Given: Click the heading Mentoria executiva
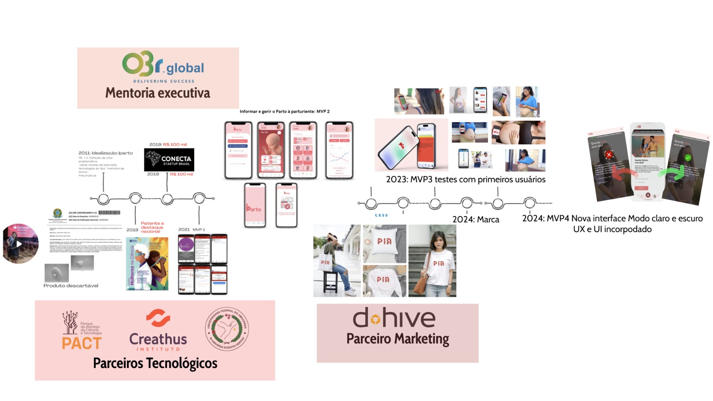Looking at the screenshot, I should click(x=158, y=93).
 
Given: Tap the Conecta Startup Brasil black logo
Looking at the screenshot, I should click(x=169, y=160).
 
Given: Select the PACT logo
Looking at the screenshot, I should click(x=82, y=331).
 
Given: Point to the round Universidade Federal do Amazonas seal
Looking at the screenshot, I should click(x=227, y=329).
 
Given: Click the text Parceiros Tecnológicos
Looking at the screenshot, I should click(x=155, y=363).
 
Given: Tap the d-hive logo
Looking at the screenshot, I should click(x=394, y=318).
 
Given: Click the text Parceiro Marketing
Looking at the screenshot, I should click(x=397, y=339).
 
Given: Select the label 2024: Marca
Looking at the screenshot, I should click(x=475, y=219).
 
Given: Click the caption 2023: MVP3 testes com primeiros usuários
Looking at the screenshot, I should click(x=465, y=179).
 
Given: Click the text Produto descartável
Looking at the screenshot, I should click(x=71, y=286).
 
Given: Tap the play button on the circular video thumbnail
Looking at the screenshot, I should click(x=19, y=244).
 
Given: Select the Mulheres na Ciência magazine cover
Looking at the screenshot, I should click(x=148, y=264).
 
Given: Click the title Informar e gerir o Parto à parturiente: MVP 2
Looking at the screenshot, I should click(x=284, y=111).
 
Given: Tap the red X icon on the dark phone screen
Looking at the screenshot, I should click(x=609, y=155).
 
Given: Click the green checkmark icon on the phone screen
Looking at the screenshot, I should click(x=688, y=158).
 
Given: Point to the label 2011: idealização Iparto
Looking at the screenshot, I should click(x=106, y=153).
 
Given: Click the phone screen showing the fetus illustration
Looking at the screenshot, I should click(x=271, y=150).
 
